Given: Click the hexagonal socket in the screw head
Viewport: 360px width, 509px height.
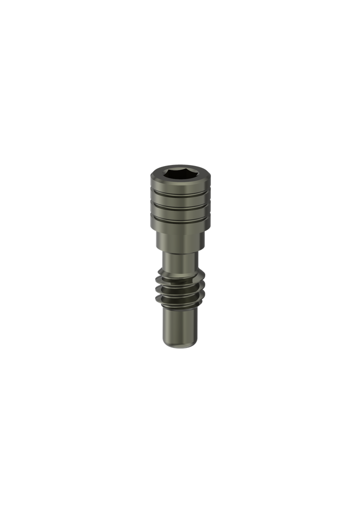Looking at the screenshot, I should tap(180, 173).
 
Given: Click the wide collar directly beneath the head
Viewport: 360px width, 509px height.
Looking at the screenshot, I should tap(180, 241).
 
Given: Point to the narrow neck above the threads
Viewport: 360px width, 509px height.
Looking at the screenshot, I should tap(180, 260).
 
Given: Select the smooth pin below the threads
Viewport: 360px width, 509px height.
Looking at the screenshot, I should tap(180, 323).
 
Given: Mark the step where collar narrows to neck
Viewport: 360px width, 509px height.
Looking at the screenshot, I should tap(180, 252).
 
